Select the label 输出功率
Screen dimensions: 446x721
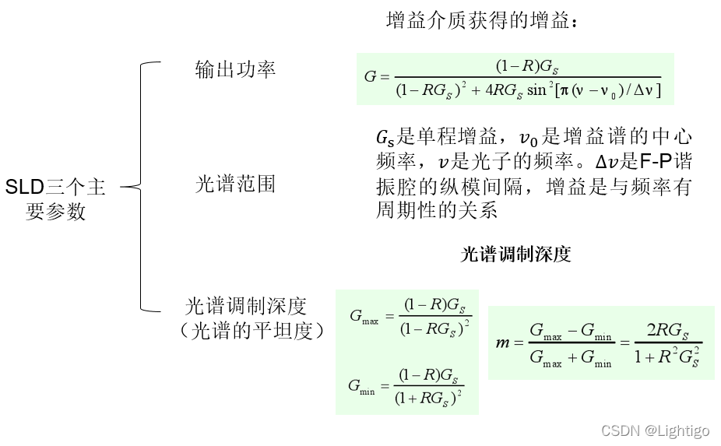235,70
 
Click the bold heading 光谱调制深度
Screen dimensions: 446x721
515,255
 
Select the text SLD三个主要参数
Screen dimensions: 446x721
55,198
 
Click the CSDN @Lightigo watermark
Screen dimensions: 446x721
655,430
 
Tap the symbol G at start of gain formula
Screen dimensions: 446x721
370,77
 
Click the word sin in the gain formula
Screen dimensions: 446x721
537,90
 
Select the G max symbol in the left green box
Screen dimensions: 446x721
364,317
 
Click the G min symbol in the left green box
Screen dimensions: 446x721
362,389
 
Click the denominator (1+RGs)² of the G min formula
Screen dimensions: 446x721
429,400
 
